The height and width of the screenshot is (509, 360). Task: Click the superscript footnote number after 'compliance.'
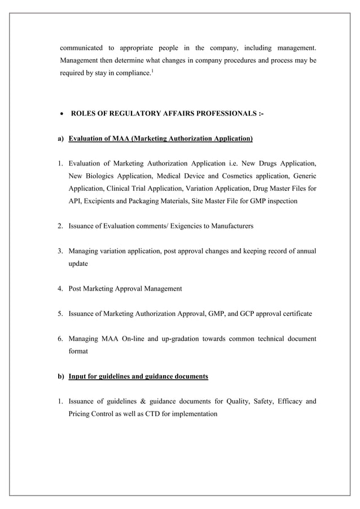click(151, 71)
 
